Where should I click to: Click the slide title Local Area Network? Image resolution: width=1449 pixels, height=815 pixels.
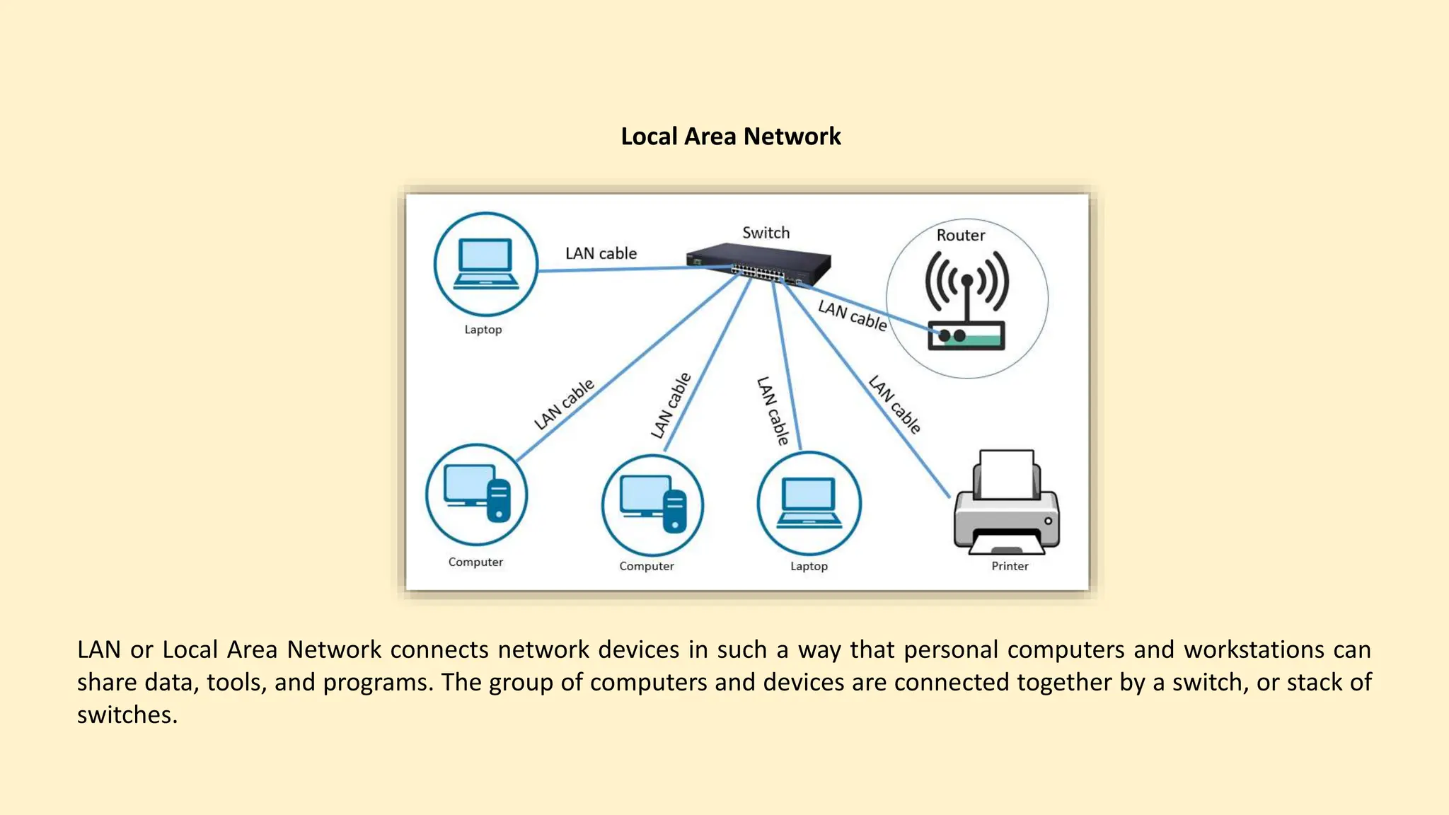click(730, 137)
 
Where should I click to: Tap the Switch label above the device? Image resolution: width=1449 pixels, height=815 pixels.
click(766, 233)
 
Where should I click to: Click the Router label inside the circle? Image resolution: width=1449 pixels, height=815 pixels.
click(960, 236)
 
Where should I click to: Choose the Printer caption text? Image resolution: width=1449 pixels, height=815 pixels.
click(1010, 566)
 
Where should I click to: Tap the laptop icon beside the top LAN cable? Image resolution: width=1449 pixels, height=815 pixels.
click(485, 264)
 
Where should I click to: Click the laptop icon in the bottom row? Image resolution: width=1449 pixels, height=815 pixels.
click(809, 503)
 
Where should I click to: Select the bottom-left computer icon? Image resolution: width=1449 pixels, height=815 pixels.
click(476, 494)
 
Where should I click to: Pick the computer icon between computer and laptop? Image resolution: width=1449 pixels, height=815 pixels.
click(652, 504)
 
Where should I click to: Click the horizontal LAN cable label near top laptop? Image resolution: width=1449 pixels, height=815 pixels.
click(601, 253)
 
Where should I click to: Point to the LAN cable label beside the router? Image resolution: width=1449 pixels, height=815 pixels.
click(852, 316)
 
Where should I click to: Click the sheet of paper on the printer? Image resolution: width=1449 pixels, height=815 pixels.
click(1007, 471)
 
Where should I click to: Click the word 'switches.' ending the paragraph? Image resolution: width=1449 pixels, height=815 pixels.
click(127, 715)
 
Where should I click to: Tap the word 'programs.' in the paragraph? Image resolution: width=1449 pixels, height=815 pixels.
click(378, 682)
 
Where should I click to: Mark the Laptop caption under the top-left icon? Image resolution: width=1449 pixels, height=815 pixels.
click(483, 330)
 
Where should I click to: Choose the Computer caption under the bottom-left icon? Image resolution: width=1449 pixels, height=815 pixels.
click(475, 562)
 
